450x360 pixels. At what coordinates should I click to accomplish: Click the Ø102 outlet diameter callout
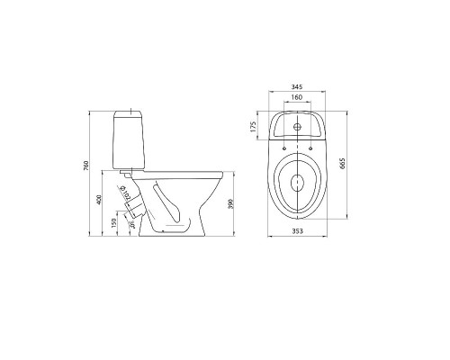coord(126,194)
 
